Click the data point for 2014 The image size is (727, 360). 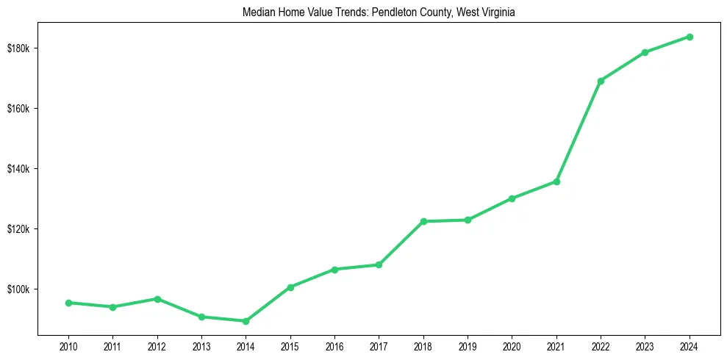(246, 321)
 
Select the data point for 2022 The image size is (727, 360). (601, 81)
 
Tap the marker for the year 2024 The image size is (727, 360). (690, 37)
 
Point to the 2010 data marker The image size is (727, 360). (68, 303)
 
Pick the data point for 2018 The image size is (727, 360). (423, 221)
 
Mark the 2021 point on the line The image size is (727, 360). (556, 181)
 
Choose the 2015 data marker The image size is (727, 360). (290, 287)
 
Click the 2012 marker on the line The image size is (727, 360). (157, 299)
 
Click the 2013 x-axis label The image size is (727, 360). (201, 346)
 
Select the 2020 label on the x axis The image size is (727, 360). (512, 346)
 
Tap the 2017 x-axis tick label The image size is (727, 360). (379, 346)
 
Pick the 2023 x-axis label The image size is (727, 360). (645, 346)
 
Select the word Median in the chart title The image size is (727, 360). (258, 12)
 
